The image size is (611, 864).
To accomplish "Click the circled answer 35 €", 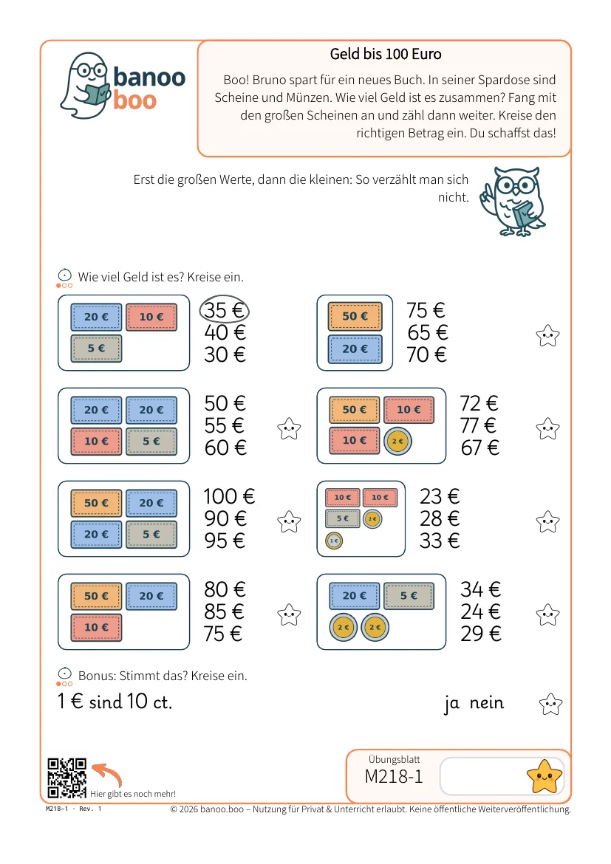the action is (x=224, y=310).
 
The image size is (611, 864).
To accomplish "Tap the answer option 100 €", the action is (x=229, y=496).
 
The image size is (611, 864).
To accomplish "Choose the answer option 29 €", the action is (x=481, y=634).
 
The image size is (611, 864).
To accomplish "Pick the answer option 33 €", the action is (x=440, y=541).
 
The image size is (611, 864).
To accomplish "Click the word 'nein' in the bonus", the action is (x=487, y=702).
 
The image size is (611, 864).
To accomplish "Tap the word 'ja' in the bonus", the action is (x=451, y=704).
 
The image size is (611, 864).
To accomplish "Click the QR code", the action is (x=66, y=778).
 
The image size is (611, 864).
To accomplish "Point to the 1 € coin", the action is (x=334, y=541).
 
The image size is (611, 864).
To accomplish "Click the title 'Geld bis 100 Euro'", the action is (x=386, y=54).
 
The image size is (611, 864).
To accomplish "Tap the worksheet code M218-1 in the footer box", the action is (x=394, y=776).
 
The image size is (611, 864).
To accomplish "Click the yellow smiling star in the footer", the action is (x=545, y=776).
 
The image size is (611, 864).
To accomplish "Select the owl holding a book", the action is (x=513, y=202).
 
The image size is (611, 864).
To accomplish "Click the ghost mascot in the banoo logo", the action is (x=84, y=86).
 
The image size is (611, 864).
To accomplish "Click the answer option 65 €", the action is (x=427, y=333).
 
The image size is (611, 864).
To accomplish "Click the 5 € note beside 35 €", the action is (x=97, y=349).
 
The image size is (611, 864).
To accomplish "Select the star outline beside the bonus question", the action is (x=550, y=704).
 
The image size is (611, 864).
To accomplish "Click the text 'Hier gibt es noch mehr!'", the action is (x=133, y=794).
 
